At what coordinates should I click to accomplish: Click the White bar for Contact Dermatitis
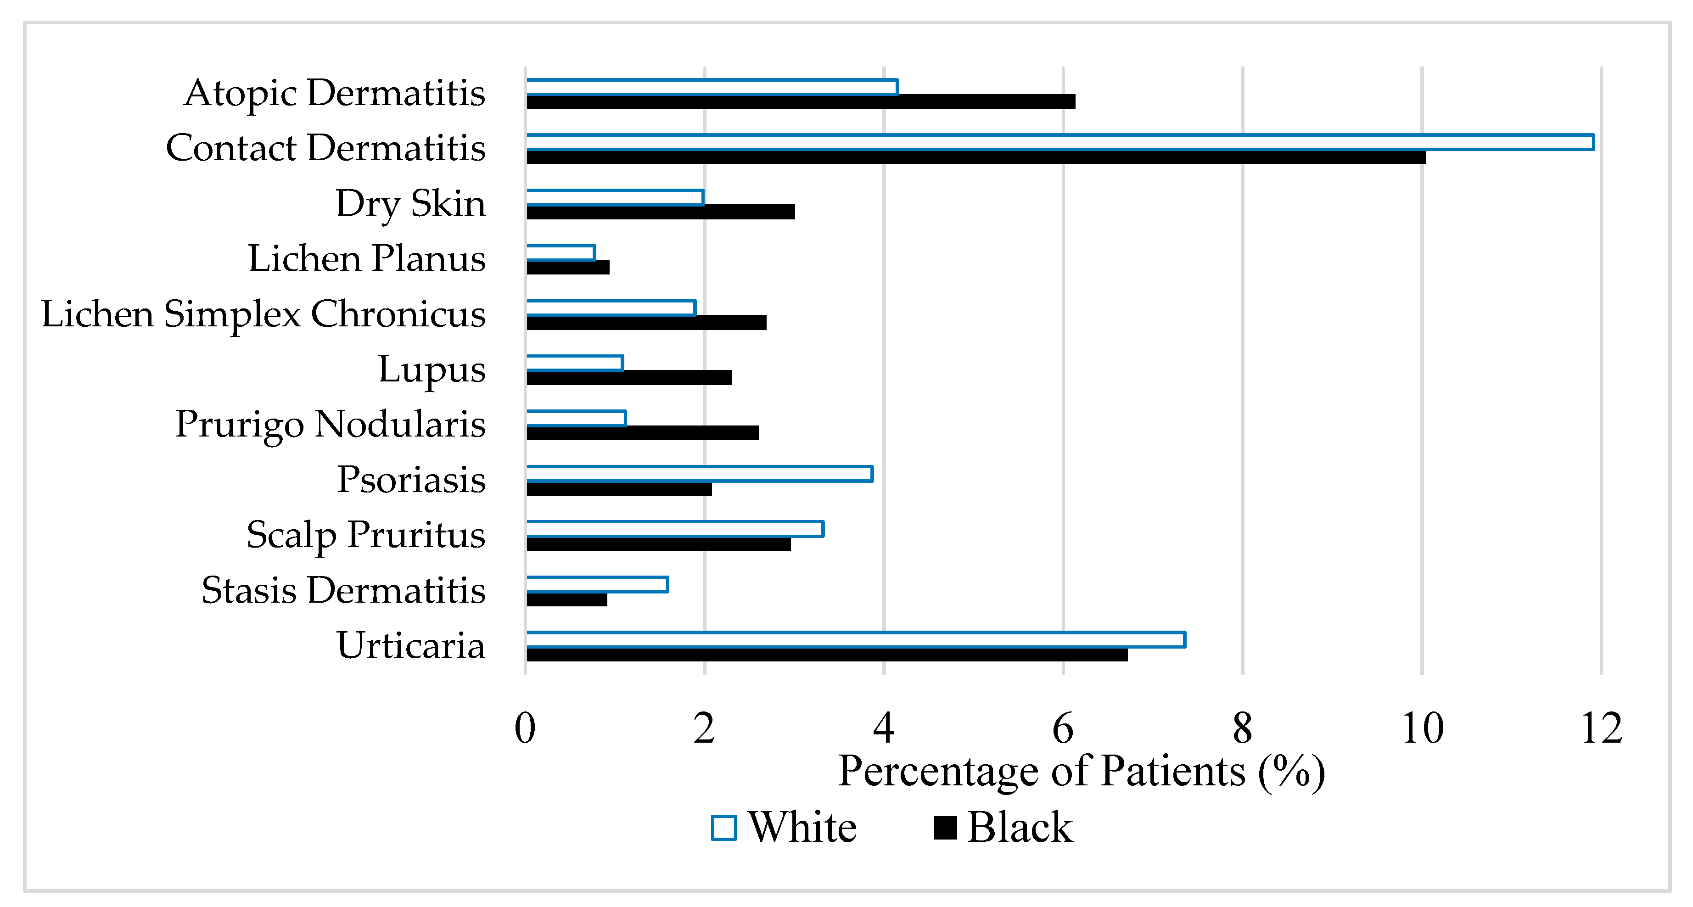(1060, 142)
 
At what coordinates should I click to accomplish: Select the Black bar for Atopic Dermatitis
(801, 102)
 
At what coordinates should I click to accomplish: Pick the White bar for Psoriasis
(699, 474)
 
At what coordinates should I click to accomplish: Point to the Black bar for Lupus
(629, 378)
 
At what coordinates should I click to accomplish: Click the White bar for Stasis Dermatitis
(597, 584)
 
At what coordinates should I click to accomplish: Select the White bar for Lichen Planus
(561, 252)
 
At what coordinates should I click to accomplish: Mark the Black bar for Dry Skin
(661, 212)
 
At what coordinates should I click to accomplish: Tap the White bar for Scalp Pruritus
(675, 529)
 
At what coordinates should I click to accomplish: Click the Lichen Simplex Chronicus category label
(263, 314)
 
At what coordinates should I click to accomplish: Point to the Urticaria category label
(411, 645)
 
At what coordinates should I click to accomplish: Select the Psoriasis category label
(411, 479)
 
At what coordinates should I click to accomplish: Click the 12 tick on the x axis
(1601, 729)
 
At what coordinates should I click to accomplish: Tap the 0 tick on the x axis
(525, 729)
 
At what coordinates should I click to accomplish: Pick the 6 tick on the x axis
(1063, 729)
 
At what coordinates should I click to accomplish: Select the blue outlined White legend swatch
(723, 828)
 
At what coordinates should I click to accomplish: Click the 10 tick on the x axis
(1422, 729)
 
